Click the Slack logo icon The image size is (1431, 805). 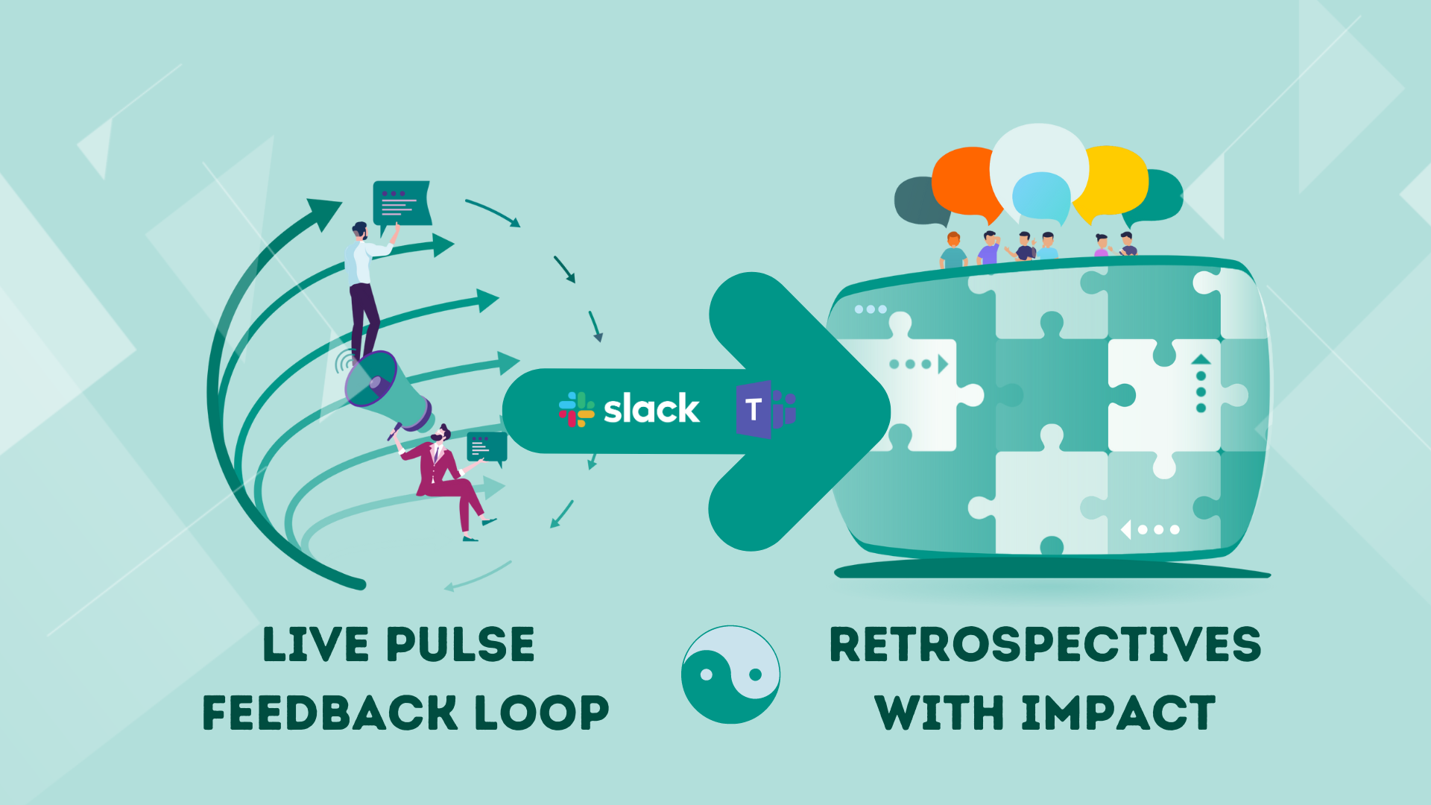(x=576, y=409)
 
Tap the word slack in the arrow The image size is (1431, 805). (x=651, y=409)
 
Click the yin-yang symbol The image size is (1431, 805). (x=730, y=674)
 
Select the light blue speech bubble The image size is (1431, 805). (x=1041, y=195)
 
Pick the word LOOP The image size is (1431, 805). (x=542, y=713)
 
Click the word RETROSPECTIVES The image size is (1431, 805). (x=1045, y=645)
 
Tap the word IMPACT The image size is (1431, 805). (x=1118, y=713)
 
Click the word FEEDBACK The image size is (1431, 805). (x=329, y=713)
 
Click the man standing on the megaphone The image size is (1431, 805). (x=364, y=287)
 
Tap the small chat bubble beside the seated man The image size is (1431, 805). (x=487, y=447)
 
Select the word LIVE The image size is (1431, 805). (x=316, y=645)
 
